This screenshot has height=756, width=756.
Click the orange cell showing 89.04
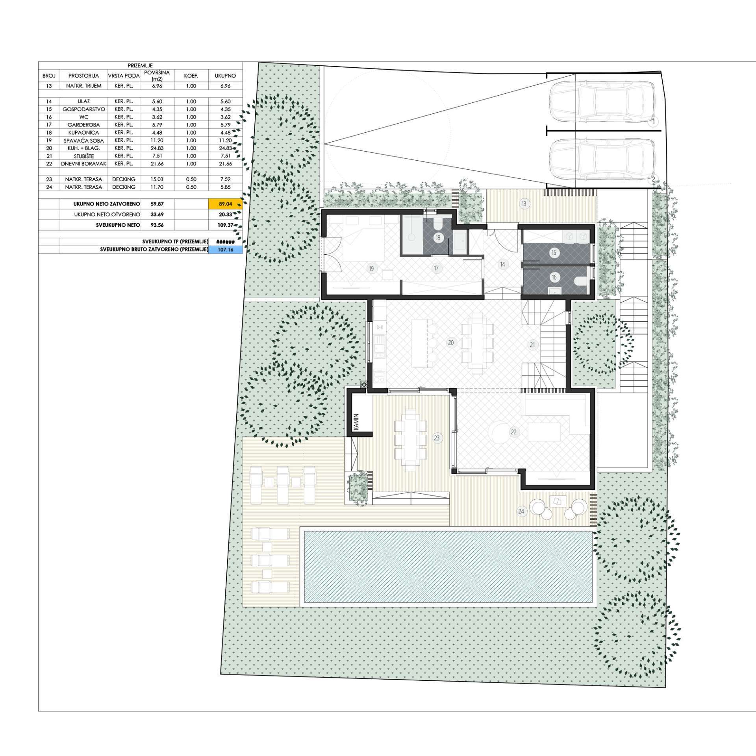tap(225, 204)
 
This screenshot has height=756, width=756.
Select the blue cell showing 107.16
tap(225, 250)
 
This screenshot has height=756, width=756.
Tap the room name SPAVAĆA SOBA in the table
tap(83, 141)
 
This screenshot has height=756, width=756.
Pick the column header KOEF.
tap(191, 76)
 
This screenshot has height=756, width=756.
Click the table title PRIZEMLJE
tap(140, 66)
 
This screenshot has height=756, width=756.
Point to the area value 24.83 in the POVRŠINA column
tap(157, 148)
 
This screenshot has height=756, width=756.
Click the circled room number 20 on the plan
tap(451, 343)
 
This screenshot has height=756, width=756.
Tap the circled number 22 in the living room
tap(513, 432)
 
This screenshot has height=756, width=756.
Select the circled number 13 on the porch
tap(524, 204)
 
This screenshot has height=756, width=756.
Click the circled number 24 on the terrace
tap(521, 511)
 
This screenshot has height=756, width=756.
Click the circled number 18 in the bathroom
tap(438, 238)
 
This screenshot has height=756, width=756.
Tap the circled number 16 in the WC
tap(554, 277)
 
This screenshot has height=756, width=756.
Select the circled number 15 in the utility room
tap(554, 253)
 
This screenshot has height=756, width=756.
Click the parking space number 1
tap(654, 122)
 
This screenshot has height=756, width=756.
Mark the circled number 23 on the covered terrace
tap(436, 437)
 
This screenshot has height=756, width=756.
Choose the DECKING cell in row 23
tap(124, 179)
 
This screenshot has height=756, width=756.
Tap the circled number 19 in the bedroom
tap(371, 269)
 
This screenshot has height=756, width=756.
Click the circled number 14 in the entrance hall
tap(502, 264)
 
